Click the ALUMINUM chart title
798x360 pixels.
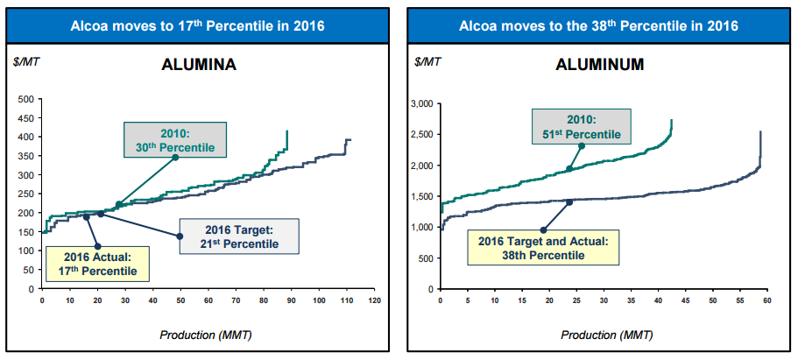point(600,65)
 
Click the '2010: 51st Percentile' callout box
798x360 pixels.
point(580,126)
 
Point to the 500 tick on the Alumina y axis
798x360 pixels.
point(25,99)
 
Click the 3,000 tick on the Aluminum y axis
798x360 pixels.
point(421,104)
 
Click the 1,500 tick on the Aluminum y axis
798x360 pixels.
point(421,196)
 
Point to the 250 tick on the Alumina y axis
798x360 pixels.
point(25,194)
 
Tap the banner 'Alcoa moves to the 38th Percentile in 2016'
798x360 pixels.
point(598,25)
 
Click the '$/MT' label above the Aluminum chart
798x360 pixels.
point(427,63)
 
